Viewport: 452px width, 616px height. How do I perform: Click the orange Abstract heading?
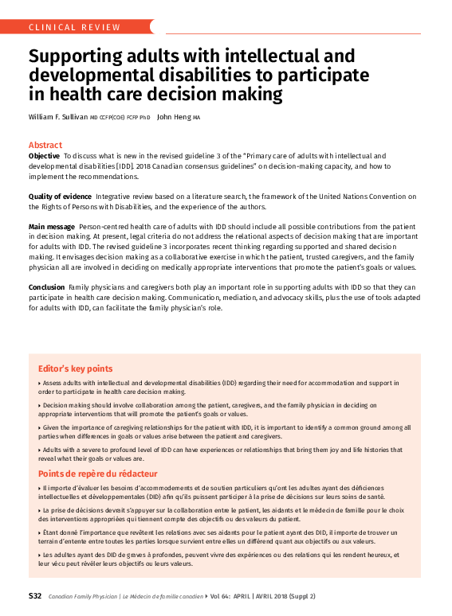[x=45, y=145]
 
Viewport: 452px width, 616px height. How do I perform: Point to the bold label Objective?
[x=44, y=155]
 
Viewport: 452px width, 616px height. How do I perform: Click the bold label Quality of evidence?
[x=61, y=196]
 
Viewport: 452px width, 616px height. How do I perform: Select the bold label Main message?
[x=52, y=228]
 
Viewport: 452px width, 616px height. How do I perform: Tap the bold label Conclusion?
[x=46, y=286]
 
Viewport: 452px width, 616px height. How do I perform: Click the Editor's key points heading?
[x=75, y=369]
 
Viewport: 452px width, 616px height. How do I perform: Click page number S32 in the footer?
[x=35, y=595]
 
